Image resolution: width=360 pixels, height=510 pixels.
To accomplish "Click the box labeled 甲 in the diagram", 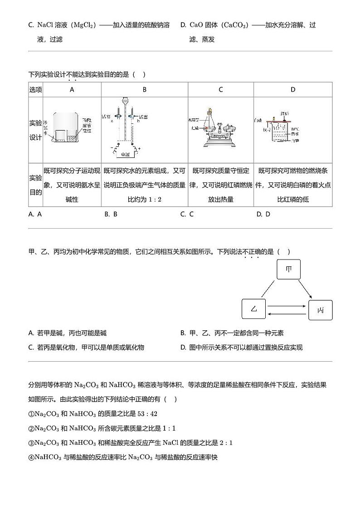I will tap(289, 270).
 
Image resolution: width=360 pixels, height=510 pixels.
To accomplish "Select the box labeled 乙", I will tap(254, 309).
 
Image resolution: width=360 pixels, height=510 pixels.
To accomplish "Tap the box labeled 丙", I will tap(321, 310).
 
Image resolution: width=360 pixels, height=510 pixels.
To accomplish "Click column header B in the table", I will tap(145, 90).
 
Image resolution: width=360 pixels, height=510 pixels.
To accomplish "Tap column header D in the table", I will tap(293, 90).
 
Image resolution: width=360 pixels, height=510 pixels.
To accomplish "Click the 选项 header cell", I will tap(36, 90).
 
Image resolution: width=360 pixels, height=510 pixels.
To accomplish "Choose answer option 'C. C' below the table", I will tap(187, 214).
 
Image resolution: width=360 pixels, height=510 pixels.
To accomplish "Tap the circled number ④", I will tap(31, 457).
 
